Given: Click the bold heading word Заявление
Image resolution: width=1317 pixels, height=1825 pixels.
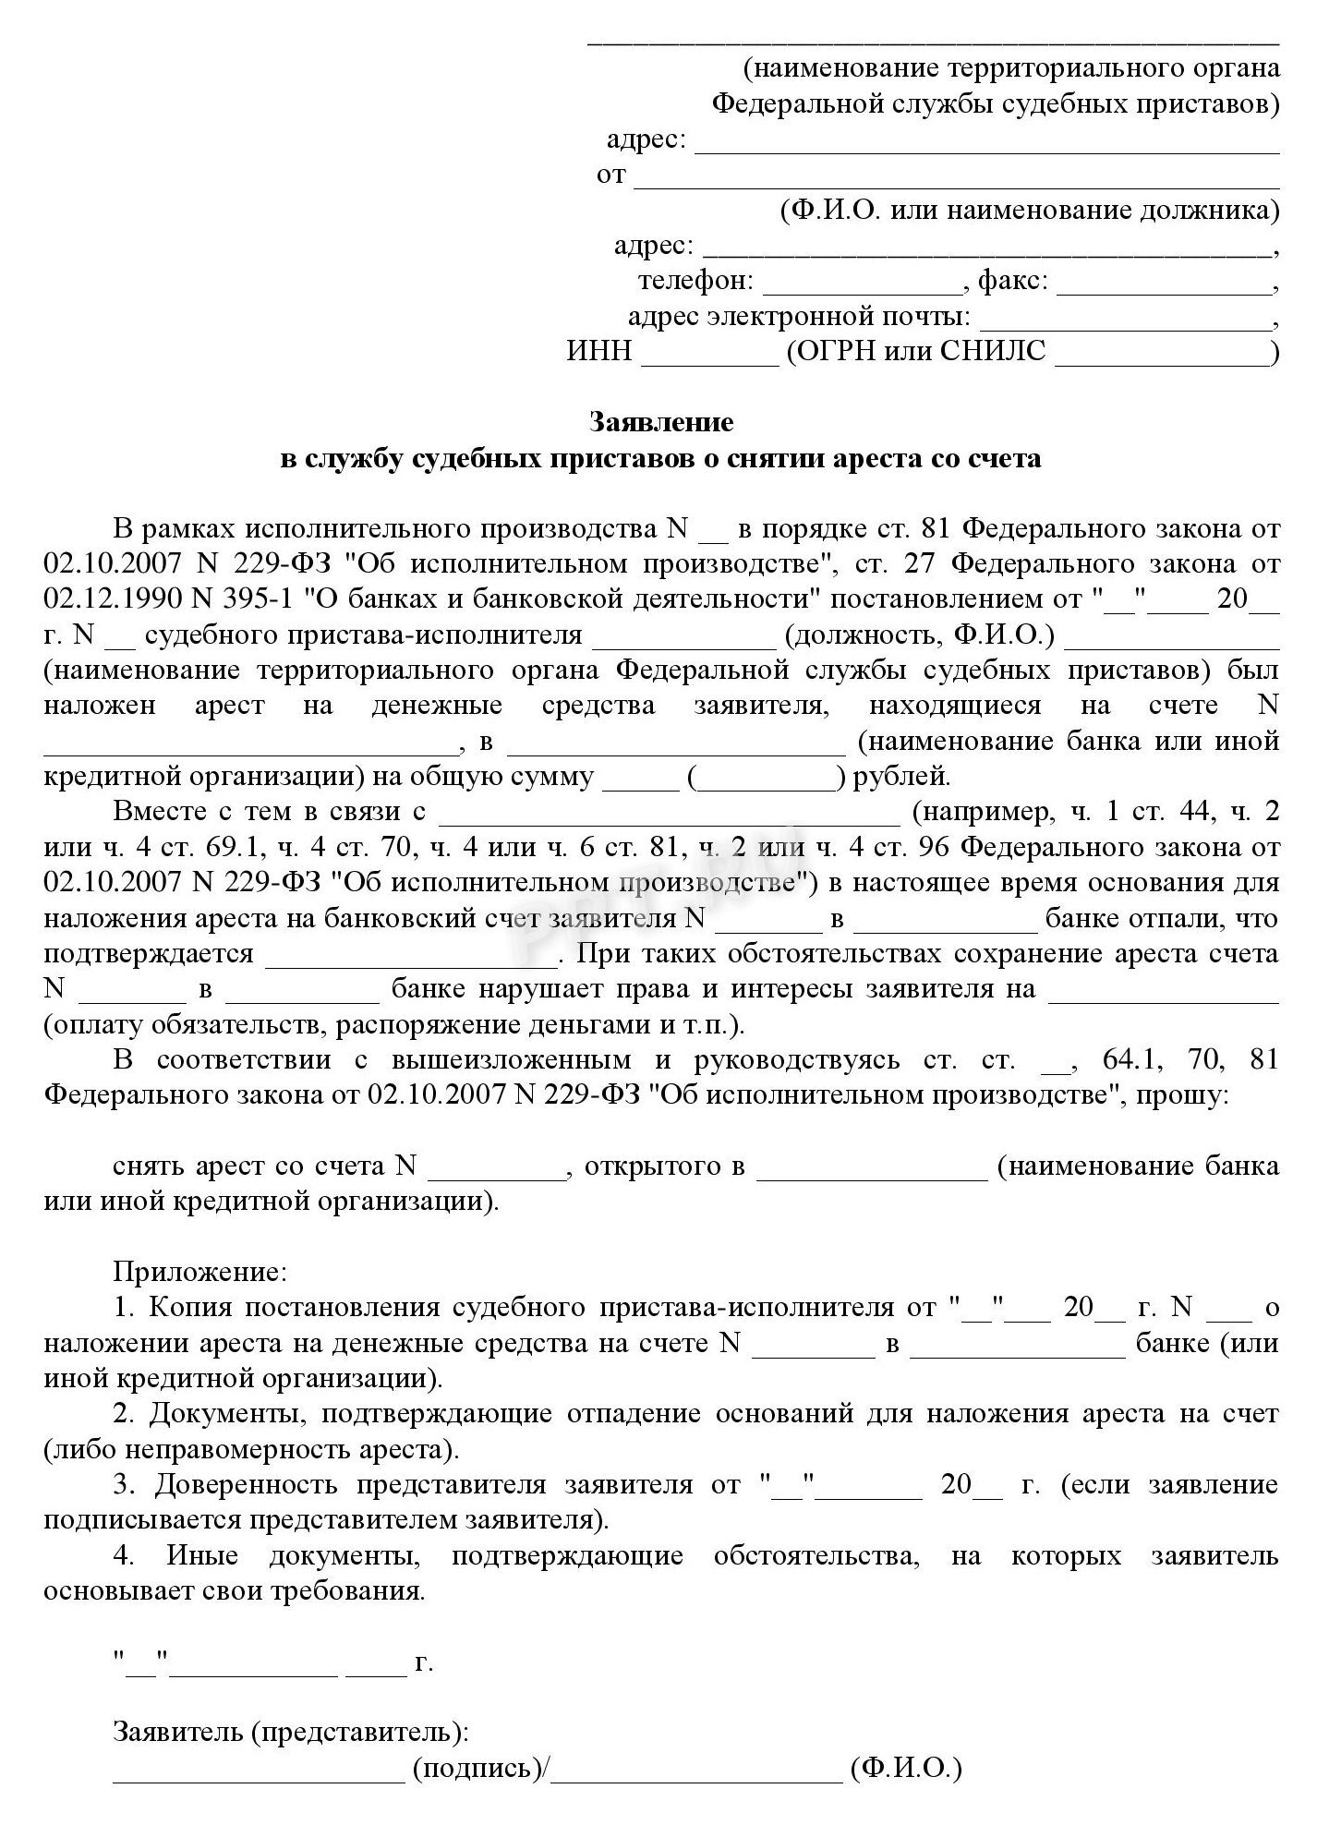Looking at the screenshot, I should tap(661, 422).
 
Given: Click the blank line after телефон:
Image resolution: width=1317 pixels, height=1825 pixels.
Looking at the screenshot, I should tap(863, 283).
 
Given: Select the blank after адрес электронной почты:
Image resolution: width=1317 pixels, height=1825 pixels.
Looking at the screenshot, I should tap(1125, 320).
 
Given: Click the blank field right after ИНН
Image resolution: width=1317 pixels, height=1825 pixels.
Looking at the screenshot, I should tap(710, 355).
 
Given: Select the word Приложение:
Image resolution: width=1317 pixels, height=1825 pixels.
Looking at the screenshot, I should tap(199, 1272).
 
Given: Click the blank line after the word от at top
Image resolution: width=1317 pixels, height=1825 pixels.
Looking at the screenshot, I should tap(956, 181).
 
